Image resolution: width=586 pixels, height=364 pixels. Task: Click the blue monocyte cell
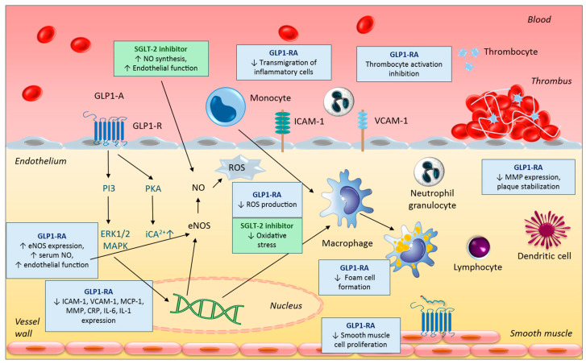[226, 107]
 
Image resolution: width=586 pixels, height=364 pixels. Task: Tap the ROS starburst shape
[239, 168]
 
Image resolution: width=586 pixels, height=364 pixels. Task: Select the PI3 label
[109, 188]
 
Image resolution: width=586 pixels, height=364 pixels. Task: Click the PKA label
[153, 188]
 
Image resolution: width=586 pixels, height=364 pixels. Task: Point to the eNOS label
[199, 225]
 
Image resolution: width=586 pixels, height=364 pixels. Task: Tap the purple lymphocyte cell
[478, 247]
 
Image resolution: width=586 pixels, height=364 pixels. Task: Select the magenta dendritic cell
[547, 230]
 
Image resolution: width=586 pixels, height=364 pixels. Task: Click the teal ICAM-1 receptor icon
[283, 130]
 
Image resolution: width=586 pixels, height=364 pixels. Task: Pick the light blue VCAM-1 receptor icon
[363, 130]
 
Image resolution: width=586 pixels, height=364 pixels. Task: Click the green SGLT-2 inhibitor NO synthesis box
[161, 59]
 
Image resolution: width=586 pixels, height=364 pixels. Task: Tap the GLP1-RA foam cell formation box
[355, 277]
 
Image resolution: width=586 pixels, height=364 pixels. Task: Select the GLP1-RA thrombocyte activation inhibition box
[404, 64]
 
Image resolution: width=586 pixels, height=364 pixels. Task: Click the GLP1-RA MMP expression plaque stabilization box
[528, 177]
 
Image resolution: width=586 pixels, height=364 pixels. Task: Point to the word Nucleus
[286, 306]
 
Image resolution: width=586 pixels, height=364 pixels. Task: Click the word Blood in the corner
[539, 19]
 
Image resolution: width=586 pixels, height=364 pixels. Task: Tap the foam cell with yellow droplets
[411, 249]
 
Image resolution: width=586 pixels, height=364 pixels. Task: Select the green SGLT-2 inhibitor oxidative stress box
[267, 236]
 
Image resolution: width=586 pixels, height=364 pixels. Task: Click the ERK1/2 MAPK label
[115, 240]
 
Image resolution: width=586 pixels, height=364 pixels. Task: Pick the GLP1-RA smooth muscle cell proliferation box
[360, 335]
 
